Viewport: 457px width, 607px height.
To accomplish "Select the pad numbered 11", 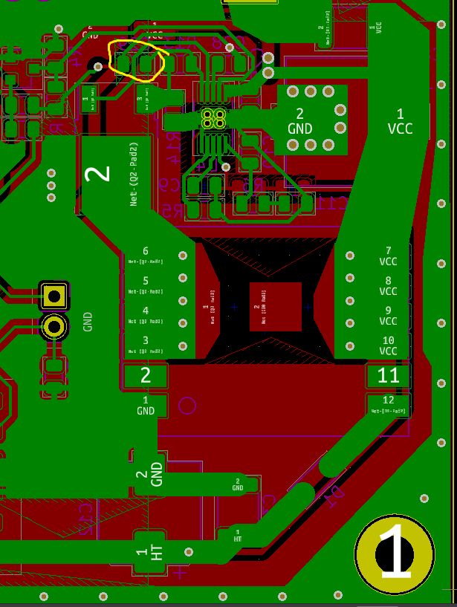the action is click(x=388, y=375).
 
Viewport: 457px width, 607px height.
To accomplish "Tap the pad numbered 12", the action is click(x=388, y=404).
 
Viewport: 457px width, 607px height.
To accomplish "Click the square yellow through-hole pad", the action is click(x=54, y=296).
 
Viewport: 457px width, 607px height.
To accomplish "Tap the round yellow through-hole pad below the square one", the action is click(x=54, y=326).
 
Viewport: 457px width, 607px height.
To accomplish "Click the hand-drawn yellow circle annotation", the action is click(x=138, y=59).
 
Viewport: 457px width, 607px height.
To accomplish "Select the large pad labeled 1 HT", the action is click(x=149, y=554).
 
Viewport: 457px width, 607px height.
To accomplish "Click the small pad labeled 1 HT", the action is click(x=238, y=535).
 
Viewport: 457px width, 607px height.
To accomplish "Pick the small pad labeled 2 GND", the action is click(x=238, y=485).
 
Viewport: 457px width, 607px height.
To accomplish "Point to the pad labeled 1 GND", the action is click(x=146, y=405).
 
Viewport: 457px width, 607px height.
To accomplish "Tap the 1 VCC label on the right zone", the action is click(x=400, y=121).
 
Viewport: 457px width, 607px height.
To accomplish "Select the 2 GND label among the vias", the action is click(x=300, y=121).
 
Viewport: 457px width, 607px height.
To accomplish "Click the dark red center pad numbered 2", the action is click(x=276, y=306).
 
